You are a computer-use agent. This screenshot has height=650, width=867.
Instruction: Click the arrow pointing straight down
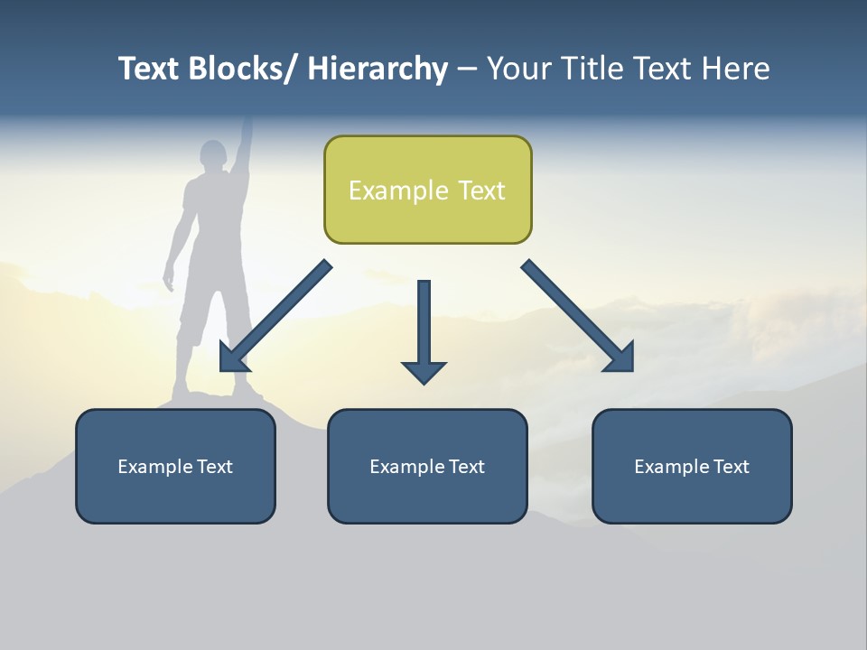point(424,330)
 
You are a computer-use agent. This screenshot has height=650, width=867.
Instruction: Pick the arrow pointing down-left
point(275,316)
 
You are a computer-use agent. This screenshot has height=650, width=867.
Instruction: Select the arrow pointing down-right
point(578,316)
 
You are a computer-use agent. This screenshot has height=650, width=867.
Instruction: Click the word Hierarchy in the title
point(377,69)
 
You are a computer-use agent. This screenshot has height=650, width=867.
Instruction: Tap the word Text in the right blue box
point(731,467)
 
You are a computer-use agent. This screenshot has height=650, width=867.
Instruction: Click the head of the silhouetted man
point(213,154)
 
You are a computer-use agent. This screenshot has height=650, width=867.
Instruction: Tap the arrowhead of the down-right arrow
point(620,357)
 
